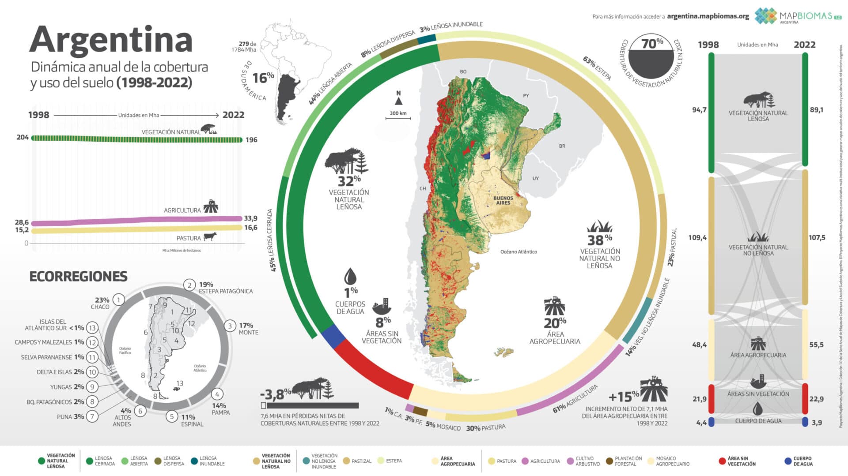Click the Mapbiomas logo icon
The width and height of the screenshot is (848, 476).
[x=765, y=16]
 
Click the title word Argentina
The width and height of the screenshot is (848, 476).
[x=111, y=40]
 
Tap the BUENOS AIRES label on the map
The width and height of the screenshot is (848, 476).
[x=503, y=200]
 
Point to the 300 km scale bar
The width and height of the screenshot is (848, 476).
[x=398, y=117]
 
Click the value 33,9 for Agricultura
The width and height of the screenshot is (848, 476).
[x=250, y=218]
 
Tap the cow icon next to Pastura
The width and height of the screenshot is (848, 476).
[x=210, y=237]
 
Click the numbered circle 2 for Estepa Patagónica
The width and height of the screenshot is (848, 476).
[x=189, y=285]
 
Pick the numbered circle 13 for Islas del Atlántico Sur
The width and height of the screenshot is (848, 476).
[x=92, y=328]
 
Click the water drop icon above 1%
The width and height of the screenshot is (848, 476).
[x=350, y=277]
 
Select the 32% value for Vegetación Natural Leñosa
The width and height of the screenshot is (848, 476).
[x=349, y=181]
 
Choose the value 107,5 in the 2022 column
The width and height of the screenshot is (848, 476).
[x=817, y=238]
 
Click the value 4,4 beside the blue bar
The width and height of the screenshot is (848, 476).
[x=701, y=423]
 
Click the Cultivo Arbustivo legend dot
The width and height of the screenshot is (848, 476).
[x=570, y=461]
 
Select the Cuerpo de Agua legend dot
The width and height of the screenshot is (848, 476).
[x=787, y=461]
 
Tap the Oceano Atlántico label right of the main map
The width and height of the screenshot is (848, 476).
[x=519, y=252]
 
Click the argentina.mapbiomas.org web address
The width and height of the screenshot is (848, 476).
[x=708, y=16]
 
